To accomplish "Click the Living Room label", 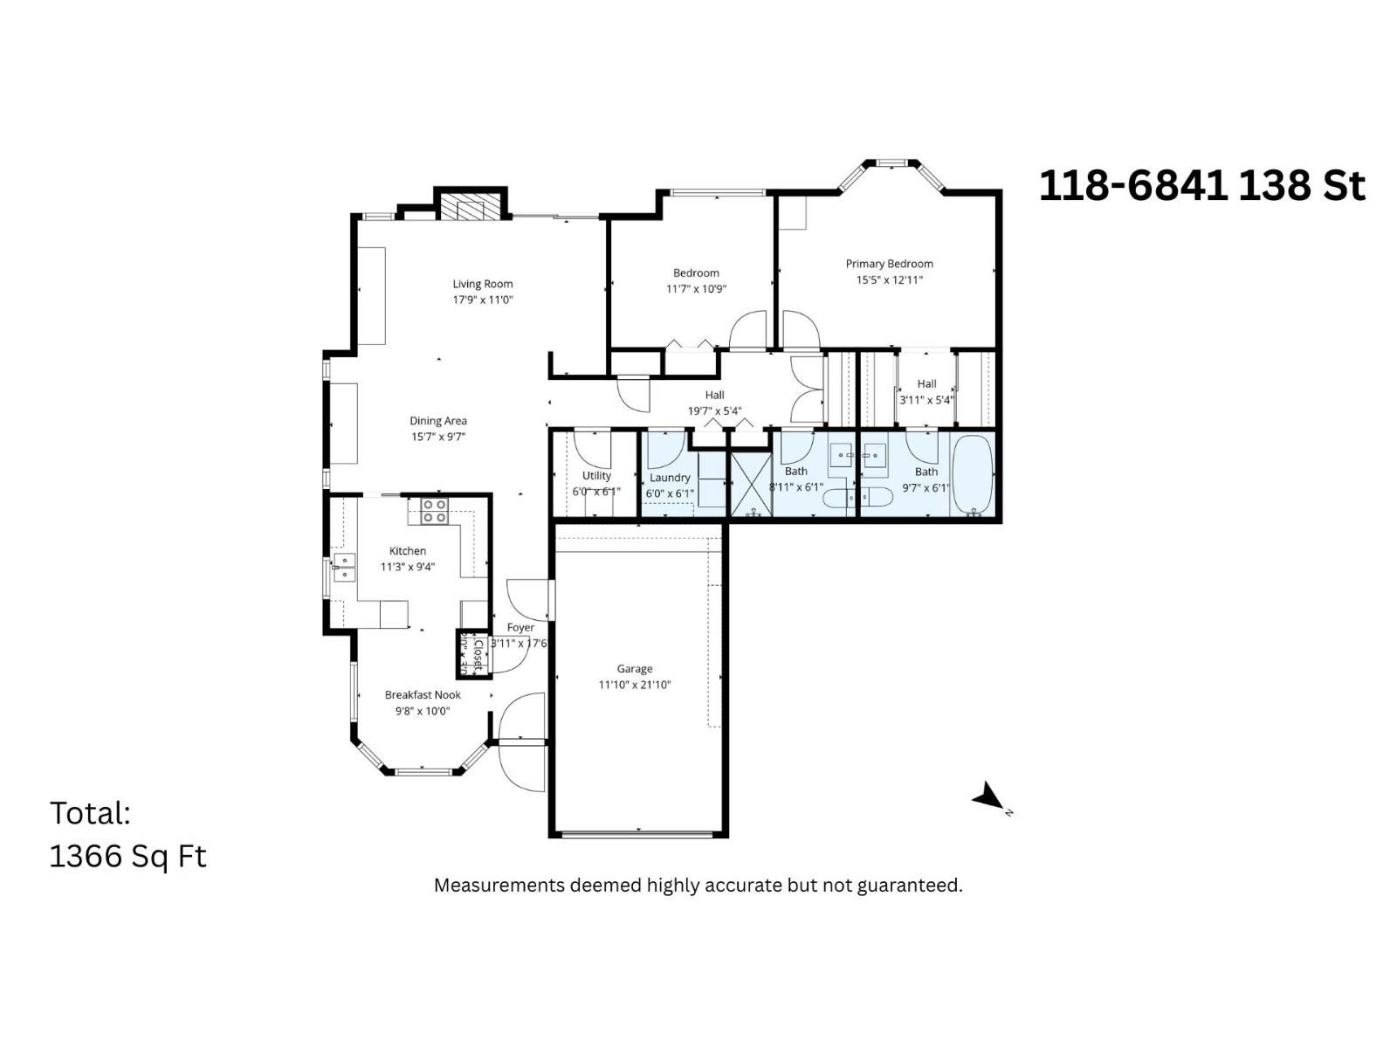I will tap(482, 284).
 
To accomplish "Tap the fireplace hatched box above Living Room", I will tap(471, 208).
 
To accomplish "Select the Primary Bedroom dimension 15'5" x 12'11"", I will tap(889, 280).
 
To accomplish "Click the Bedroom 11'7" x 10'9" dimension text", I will tap(696, 289).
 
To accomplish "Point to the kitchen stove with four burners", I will tap(434, 511).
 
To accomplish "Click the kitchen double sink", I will tap(344, 567).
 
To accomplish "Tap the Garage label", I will tap(634, 669).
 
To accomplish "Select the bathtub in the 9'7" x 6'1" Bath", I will tap(972, 474).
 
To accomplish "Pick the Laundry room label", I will tap(670, 478).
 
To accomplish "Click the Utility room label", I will tap(596, 476).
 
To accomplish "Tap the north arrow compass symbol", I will tap(989, 796).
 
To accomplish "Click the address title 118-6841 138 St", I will tap(1201, 185).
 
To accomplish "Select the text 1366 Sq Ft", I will tap(127, 856).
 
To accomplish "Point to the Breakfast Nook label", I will tap(423, 695).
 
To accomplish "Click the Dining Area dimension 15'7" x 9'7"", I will tap(438, 437).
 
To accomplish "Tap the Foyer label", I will tap(520, 627).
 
